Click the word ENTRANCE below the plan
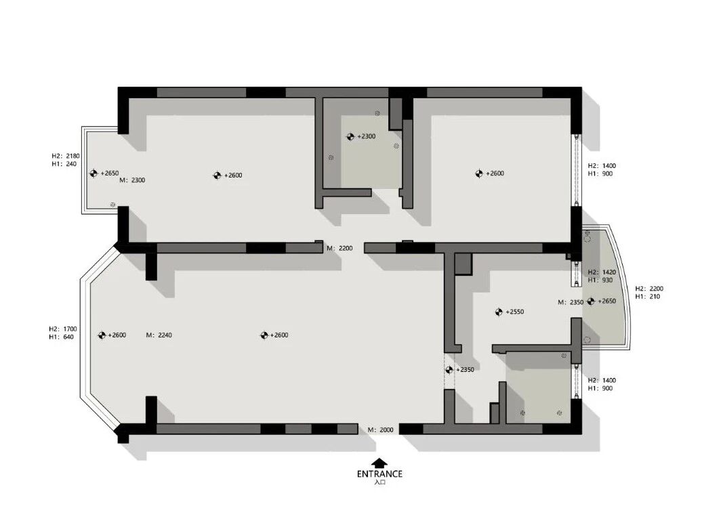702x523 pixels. click(379, 474)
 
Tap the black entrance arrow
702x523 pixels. click(379, 463)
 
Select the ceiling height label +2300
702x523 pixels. click(366, 136)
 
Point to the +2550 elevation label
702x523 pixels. click(514, 312)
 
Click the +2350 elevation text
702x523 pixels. click(465, 369)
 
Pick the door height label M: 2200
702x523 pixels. click(339, 248)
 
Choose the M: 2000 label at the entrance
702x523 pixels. click(381, 430)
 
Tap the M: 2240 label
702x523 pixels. click(159, 335)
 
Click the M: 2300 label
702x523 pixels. click(132, 180)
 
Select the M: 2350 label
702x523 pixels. click(571, 302)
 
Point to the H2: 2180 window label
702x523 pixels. click(65, 156)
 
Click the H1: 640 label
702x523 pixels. click(62, 337)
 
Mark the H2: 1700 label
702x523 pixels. click(62, 329)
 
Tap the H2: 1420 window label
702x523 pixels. click(602, 272)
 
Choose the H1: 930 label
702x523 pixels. click(600, 280)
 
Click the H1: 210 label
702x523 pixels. click(647, 297)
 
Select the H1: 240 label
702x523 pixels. click(64, 164)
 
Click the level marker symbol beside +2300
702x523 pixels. click(350, 136)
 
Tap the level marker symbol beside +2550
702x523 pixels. click(499, 312)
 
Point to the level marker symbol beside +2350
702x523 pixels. click(449, 369)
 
